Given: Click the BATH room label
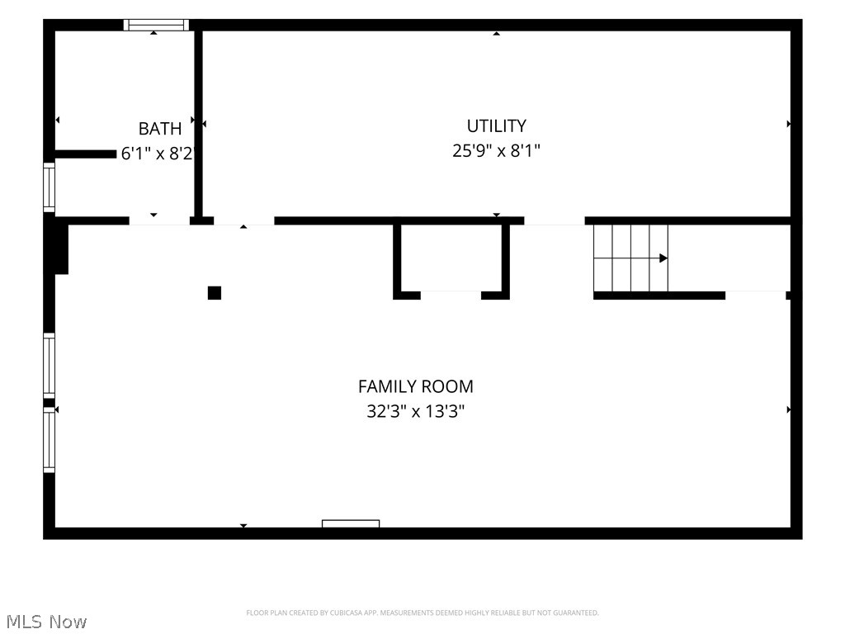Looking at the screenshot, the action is pyautogui.click(x=160, y=129).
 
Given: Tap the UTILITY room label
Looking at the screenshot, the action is pyautogui.click(x=496, y=125).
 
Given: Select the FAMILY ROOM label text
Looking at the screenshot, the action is pyautogui.click(x=416, y=386).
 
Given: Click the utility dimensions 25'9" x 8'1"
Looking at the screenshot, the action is pyautogui.click(x=496, y=150).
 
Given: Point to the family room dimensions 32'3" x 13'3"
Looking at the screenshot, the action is pyautogui.click(x=416, y=412).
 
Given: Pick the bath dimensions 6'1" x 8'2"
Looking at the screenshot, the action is pyautogui.click(x=156, y=154).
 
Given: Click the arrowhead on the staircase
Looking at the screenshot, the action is pyautogui.click(x=663, y=258).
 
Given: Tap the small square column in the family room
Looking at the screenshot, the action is pyautogui.click(x=215, y=293).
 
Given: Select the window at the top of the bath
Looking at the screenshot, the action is pyautogui.click(x=156, y=25).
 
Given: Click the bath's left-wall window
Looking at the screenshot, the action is pyautogui.click(x=49, y=187).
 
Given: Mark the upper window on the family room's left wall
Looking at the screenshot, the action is pyautogui.click(x=49, y=366).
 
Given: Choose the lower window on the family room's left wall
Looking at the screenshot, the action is pyautogui.click(x=49, y=440).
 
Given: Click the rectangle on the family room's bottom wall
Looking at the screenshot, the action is pyautogui.click(x=351, y=523).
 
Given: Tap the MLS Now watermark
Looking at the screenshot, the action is pyautogui.click(x=46, y=622).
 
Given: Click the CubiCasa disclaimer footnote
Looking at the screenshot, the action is pyautogui.click(x=422, y=613).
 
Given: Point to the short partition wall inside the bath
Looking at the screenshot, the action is pyautogui.click(x=86, y=154).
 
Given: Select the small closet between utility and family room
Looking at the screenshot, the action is pyautogui.click(x=451, y=258).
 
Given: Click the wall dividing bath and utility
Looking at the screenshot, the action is pyautogui.click(x=198, y=124).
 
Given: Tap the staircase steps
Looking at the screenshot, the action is pyautogui.click(x=631, y=258).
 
